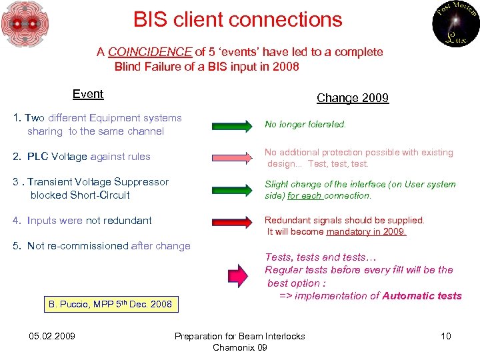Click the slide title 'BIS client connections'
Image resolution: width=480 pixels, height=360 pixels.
(237, 20)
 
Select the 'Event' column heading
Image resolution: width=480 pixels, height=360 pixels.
(88, 94)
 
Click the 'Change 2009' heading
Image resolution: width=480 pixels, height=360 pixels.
(352, 98)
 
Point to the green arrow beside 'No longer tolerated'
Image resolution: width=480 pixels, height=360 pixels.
(233, 125)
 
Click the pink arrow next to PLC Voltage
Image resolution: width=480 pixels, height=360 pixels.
(233, 156)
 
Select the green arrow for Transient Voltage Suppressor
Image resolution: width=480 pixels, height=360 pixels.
(233, 188)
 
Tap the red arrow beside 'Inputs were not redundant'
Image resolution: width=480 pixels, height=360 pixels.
(233, 221)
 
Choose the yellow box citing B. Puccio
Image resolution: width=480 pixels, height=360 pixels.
(110, 304)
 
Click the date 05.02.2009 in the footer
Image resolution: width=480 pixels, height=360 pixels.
(53, 336)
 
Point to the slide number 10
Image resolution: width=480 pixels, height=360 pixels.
(445, 336)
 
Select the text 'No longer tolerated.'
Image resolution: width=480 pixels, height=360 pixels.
(305, 124)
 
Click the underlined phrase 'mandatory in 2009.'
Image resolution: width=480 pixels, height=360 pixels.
(366, 231)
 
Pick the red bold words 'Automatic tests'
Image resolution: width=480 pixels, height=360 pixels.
(422, 295)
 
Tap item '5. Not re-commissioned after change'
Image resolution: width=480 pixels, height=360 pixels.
(102, 246)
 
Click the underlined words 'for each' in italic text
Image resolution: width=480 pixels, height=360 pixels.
(305, 195)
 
